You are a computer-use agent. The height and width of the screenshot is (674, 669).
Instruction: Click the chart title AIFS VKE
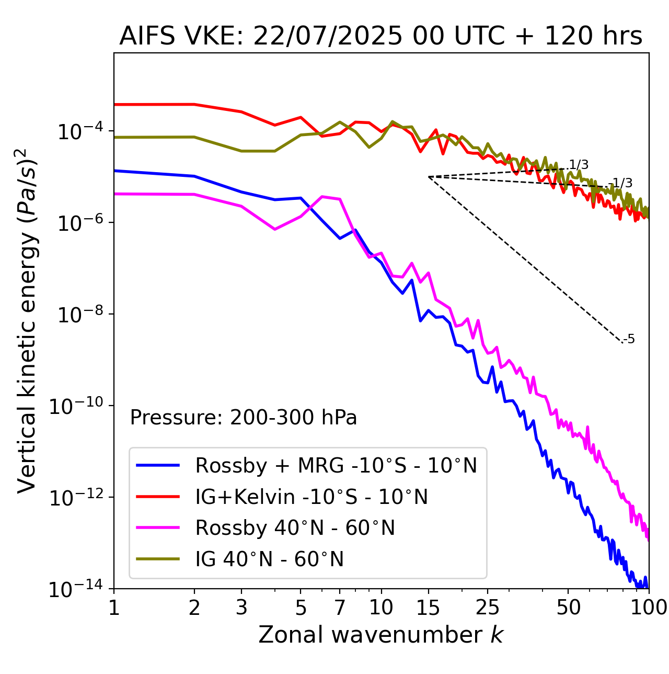click(380, 37)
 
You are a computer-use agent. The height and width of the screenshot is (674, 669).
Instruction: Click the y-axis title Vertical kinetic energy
click(27, 320)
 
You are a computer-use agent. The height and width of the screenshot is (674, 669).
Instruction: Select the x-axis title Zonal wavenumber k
click(380, 635)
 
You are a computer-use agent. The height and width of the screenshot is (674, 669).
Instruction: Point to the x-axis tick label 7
click(340, 608)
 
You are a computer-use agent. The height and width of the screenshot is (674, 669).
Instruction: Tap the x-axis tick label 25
click(488, 608)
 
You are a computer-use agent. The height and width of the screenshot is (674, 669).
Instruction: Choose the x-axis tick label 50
click(568, 608)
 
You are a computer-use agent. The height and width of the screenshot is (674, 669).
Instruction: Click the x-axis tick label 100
click(648, 608)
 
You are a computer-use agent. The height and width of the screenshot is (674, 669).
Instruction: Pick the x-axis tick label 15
click(428, 608)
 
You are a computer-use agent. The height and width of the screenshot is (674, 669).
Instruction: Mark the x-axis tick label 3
click(241, 608)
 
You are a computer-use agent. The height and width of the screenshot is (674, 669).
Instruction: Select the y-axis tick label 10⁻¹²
click(75, 498)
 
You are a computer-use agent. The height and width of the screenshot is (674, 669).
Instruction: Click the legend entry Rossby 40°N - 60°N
click(295, 528)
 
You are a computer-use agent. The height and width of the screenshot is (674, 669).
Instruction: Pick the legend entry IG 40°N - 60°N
click(269, 559)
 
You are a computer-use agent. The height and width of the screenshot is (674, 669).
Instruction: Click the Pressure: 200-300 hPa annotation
click(243, 418)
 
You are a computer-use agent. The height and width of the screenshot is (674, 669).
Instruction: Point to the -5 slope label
click(629, 340)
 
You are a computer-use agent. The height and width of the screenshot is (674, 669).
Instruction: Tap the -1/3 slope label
click(622, 183)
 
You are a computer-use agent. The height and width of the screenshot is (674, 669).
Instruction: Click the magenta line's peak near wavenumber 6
click(323, 196)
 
